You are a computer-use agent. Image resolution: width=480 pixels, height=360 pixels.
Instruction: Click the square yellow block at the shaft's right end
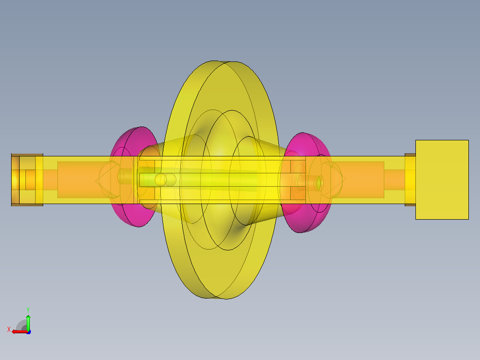[442, 180]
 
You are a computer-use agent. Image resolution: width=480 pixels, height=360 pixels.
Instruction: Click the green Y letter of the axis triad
[28, 310]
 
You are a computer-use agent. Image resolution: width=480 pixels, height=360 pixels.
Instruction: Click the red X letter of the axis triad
[9, 330]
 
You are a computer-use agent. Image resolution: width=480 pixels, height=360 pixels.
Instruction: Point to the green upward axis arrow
[28, 323]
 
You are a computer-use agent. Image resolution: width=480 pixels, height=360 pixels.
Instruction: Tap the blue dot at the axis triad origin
[28, 332]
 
